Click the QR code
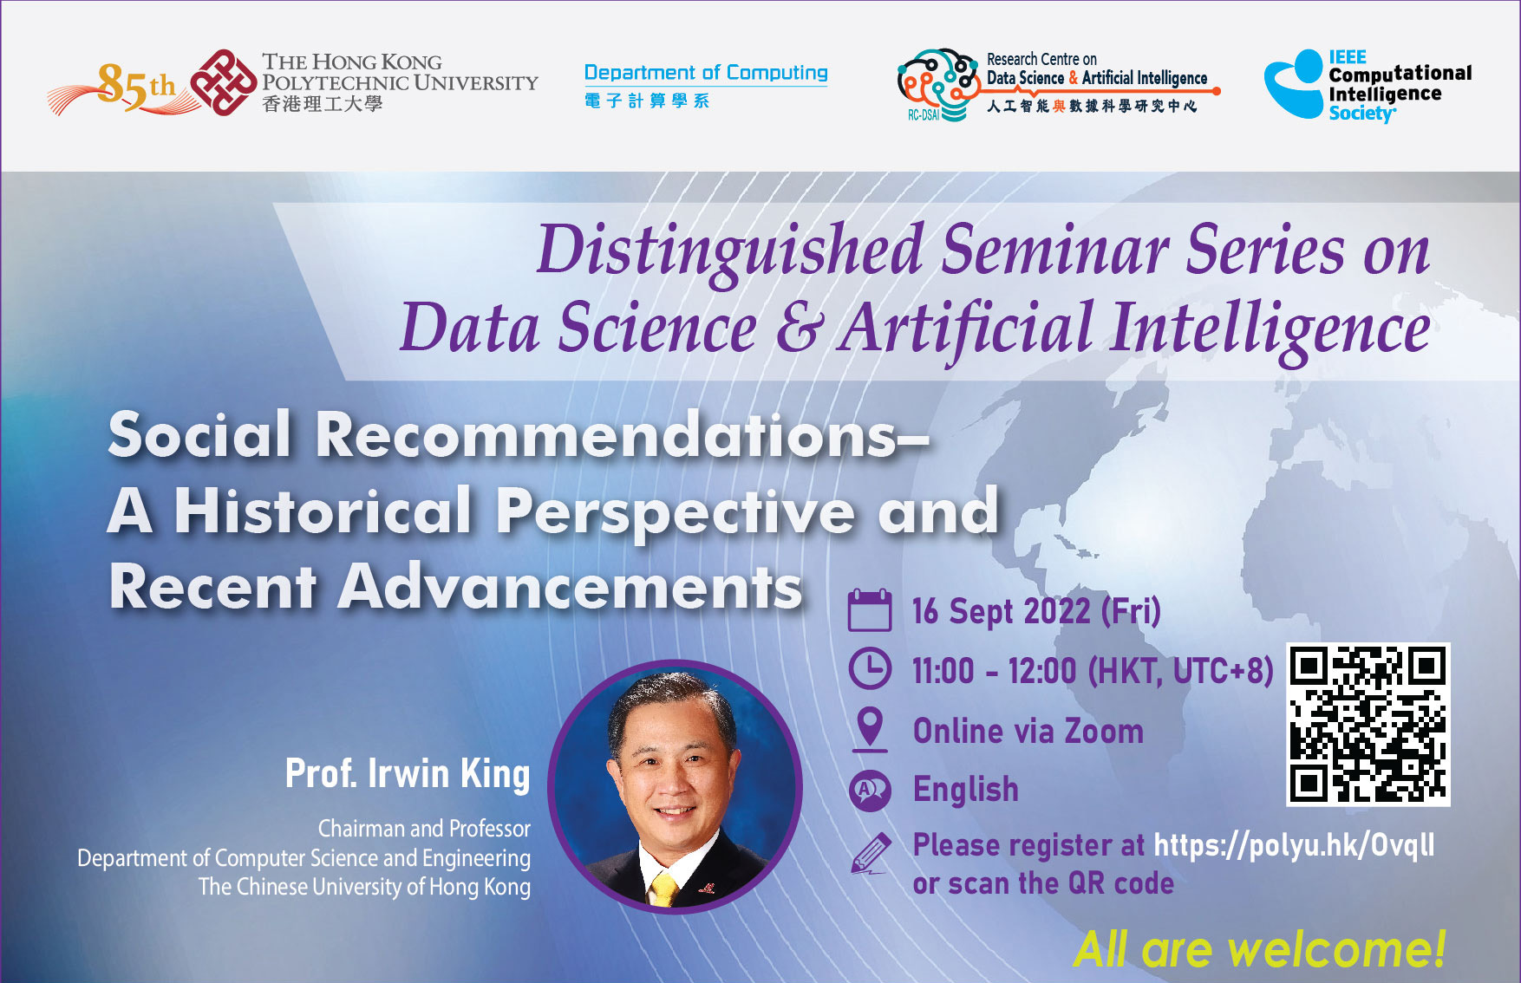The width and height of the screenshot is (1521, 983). pyautogui.click(x=1368, y=725)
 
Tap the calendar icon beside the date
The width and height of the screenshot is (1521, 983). pyautogui.click(x=869, y=610)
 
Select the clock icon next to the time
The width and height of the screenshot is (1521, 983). pyautogui.click(x=869, y=669)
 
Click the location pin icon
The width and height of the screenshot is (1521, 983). pyautogui.click(x=870, y=729)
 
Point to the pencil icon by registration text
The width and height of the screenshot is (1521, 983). pyautogui.click(x=871, y=854)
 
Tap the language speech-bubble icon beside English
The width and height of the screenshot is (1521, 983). pyautogui.click(x=870, y=791)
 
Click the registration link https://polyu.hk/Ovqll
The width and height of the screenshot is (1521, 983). pyautogui.click(x=1294, y=845)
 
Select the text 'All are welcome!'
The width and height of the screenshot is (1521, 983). pyautogui.click(x=1259, y=949)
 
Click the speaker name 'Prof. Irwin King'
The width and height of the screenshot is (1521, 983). pyautogui.click(x=408, y=774)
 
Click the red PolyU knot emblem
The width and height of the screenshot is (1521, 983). pyautogui.click(x=224, y=82)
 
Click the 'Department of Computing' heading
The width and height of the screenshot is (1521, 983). pyautogui.click(x=706, y=73)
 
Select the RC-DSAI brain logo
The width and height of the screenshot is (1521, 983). pyautogui.click(x=937, y=84)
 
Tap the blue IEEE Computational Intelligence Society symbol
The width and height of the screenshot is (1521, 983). pyautogui.click(x=1294, y=85)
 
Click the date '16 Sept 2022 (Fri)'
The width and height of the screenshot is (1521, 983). pyautogui.click(x=1036, y=611)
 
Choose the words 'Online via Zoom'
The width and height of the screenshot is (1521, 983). pyautogui.click(x=1028, y=731)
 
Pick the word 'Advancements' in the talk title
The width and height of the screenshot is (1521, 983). pyautogui.click(x=570, y=587)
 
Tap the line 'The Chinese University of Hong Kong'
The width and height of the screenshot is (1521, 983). pyautogui.click(x=364, y=887)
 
